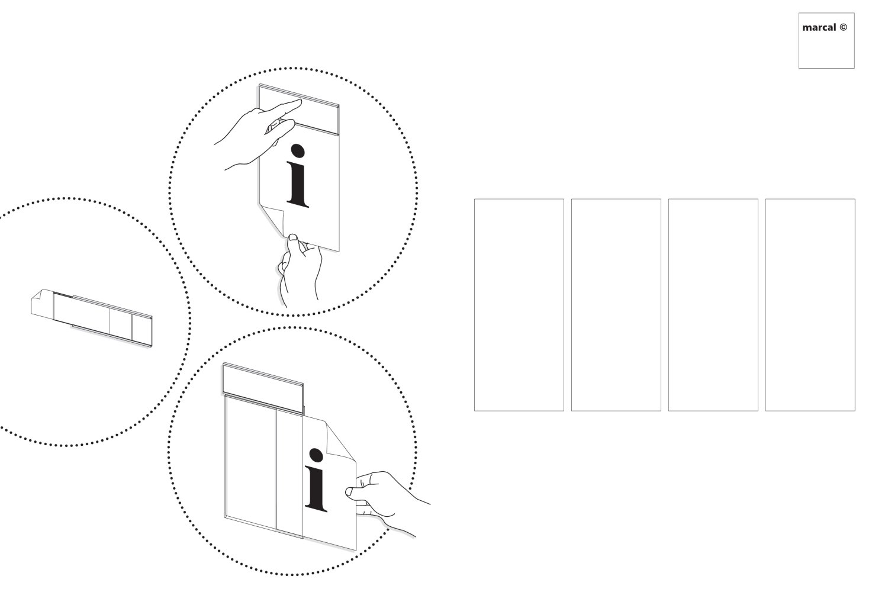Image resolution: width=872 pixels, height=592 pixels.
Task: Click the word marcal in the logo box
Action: pos(819,28)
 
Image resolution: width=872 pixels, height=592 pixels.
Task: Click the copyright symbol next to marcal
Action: pos(843,27)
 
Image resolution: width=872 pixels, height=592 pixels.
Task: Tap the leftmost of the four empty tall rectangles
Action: pos(519,305)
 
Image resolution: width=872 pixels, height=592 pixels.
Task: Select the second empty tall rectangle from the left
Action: pos(616,305)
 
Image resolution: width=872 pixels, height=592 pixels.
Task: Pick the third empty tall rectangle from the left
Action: pos(713,305)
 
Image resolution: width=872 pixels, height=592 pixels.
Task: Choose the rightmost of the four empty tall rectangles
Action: pos(810,305)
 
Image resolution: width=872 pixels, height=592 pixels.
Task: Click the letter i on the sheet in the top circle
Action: pos(298,176)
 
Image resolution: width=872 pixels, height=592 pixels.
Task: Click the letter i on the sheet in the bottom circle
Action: pos(316,480)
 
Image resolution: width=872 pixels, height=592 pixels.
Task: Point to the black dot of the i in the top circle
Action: pos(298,151)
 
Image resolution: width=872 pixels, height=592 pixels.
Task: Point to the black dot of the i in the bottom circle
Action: pos(316,455)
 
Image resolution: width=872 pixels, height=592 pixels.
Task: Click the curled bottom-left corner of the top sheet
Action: pos(274,220)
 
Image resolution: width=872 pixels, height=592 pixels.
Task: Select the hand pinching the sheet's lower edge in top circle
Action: pos(300,269)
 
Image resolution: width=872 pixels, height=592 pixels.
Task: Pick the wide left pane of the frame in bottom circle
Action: pos(251,462)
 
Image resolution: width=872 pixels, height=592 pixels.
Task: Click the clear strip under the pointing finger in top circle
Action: pos(299,110)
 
